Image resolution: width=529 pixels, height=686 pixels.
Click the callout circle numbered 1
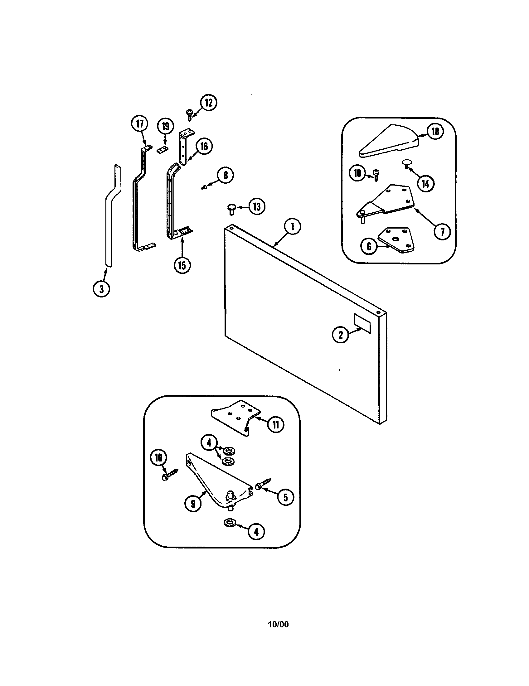292,227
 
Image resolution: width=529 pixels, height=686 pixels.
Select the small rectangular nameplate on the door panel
362,323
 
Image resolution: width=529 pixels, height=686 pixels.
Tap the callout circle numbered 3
101,289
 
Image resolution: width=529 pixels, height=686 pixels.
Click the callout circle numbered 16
204,146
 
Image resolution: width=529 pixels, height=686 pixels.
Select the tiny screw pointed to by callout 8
203,187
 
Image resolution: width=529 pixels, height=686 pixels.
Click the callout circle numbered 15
182,265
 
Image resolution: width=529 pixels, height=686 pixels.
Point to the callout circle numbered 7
442,232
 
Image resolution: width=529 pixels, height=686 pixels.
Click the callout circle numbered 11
275,425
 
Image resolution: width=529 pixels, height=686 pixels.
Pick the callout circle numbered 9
193,504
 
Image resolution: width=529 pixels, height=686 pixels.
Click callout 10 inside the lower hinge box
159,458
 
